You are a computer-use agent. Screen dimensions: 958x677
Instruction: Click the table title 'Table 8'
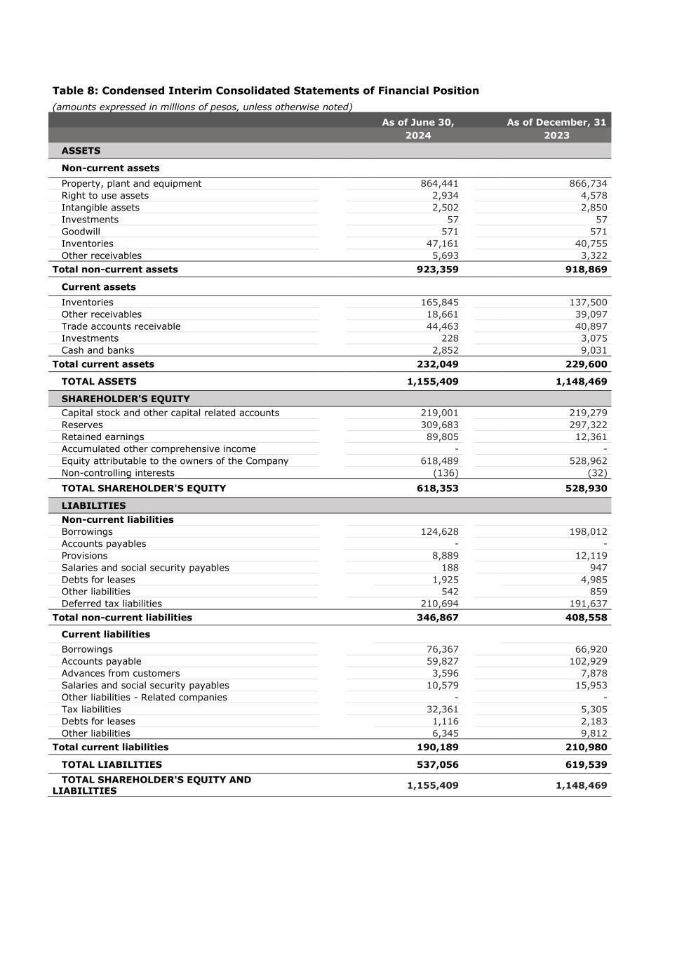click(265, 91)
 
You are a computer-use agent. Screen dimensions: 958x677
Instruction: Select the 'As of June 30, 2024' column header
click(418, 128)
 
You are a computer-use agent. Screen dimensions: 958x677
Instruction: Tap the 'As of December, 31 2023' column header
click(556, 128)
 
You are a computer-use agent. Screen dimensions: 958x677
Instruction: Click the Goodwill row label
click(81, 232)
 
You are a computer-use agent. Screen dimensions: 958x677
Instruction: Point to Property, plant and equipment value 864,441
click(439, 184)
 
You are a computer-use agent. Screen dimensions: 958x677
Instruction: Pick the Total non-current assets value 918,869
click(586, 270)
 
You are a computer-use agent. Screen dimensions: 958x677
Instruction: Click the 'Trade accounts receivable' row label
click(121, 326)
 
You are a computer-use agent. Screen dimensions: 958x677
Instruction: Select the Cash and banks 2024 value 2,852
click(445, 350)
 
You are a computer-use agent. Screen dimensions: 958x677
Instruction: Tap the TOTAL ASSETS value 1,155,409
click(432, 382)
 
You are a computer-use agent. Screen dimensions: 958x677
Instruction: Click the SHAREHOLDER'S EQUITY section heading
click(126, 399)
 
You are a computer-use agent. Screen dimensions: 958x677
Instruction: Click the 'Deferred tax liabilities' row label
click(112, 604)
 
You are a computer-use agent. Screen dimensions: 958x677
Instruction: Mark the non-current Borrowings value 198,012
click(588, 532)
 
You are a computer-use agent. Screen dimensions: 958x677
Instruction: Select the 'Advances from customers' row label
click(121, 674)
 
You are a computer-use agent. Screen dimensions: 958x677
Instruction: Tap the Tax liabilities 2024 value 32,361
click(442, 710)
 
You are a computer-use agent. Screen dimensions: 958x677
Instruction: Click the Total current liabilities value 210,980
click(586, 747)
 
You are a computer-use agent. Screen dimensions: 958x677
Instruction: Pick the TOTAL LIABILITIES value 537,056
click(437, 765)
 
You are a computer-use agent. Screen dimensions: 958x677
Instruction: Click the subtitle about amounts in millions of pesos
click(202, 107)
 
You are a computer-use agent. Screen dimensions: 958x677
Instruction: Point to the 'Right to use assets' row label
click(105, 196)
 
